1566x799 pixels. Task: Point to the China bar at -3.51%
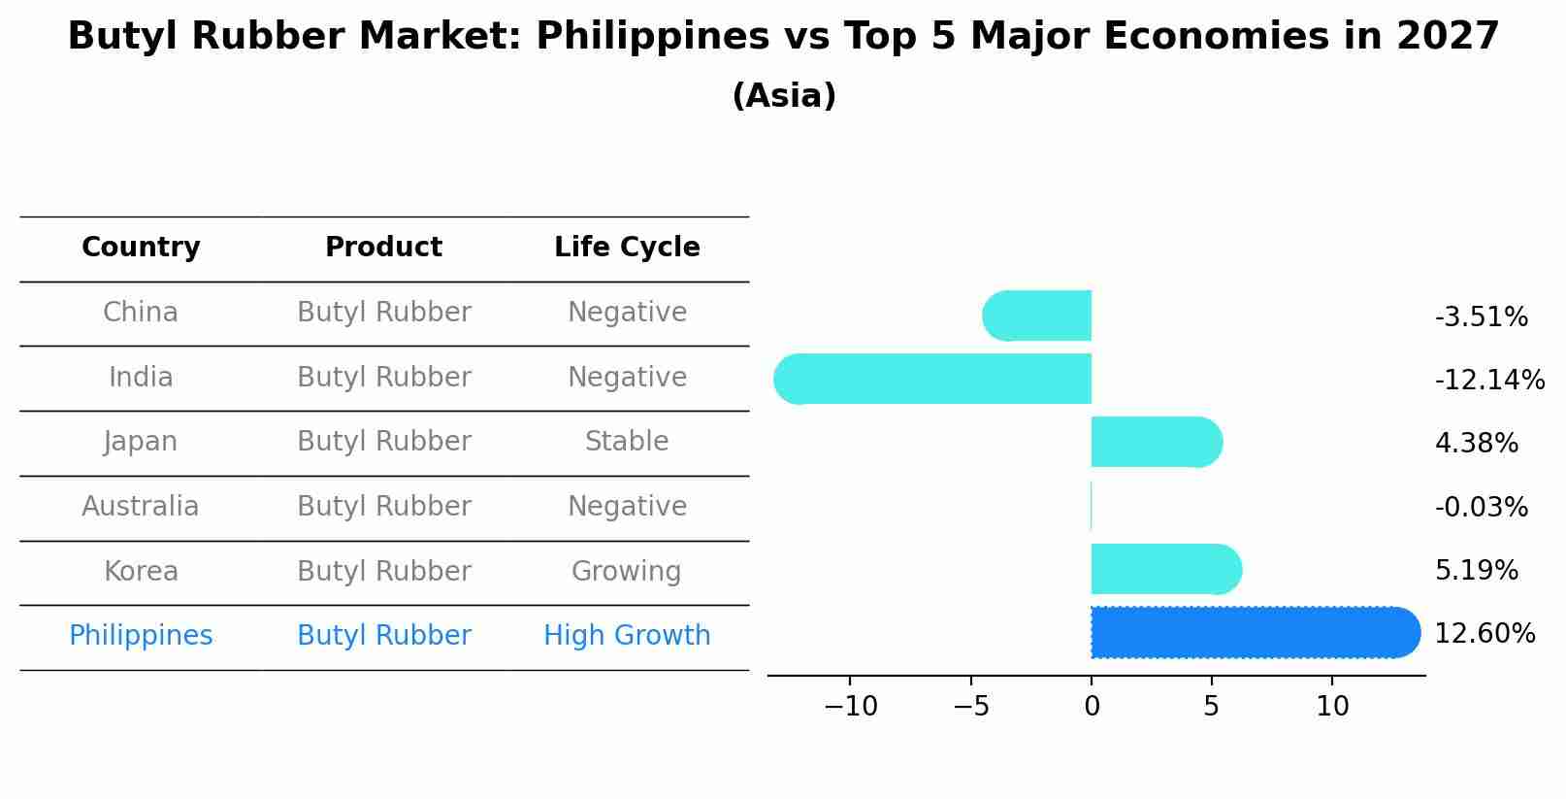pyautogui.click(x=1037, y=316)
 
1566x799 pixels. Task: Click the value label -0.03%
pyautogui.click(x=1481, y=507)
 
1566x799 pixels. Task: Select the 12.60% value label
pyautogui.click(x=1484, y=634)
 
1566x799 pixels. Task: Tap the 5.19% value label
pyautogui.click(x=1476, y=570)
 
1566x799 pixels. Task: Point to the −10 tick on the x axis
pyautogui.click(x=850, y=707)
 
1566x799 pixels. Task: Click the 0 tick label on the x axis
pyautogui.click(x=1092, y=707)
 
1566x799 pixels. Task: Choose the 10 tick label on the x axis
pyautogui.click(x=1332, y=707)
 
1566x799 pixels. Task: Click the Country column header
pyautogui.click(x=141, y=248)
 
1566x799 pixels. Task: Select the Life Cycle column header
pyautogui.click(x=627, y=248)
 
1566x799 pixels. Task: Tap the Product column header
pyautogui.click(x=383, y=248)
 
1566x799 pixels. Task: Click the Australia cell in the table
pyautogui.click(x=141, y=507)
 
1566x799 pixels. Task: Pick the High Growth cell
pyautogui.click(x=627, y=636)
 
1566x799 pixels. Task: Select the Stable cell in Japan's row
pyautogui.click(x=627, y=442)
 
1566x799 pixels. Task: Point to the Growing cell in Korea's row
pyautogui.click(x=627, y=571)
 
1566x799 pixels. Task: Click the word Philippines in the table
pyautogui.click(x=141, y=636)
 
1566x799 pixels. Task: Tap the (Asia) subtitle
pyautogui.click(x=784, y=96)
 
